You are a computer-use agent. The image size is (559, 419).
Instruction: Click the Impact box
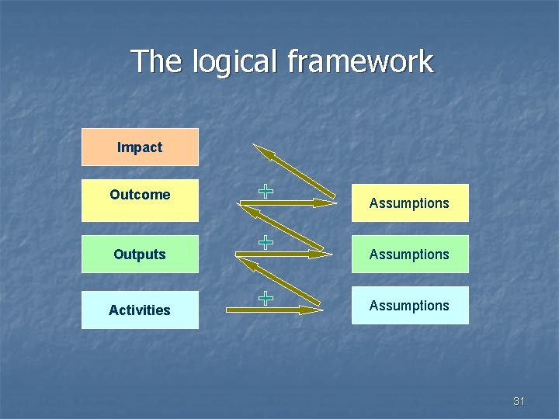coord(140,147)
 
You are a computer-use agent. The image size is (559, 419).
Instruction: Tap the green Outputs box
coord(140,255)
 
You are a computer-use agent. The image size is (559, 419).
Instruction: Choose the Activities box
coord(140,310)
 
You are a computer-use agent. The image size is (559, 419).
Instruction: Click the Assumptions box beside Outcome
coord(410,203)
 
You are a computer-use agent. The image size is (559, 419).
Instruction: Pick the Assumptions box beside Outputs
coord(410,255)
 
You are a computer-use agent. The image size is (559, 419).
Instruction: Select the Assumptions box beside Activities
coord(410,306)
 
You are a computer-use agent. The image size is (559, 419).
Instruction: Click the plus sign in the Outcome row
coord(266,190)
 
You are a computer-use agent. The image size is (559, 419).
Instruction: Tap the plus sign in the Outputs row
coord(266,242)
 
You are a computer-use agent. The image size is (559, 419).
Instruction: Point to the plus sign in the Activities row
coord(266,297)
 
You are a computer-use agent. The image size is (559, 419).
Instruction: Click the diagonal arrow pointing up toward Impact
coord(293,171)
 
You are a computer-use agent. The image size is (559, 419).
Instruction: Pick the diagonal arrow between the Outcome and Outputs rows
coord(281,227)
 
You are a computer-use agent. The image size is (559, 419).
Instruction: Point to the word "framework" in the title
coord(360,62)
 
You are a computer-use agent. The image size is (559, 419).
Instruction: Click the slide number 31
coord(519,401)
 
